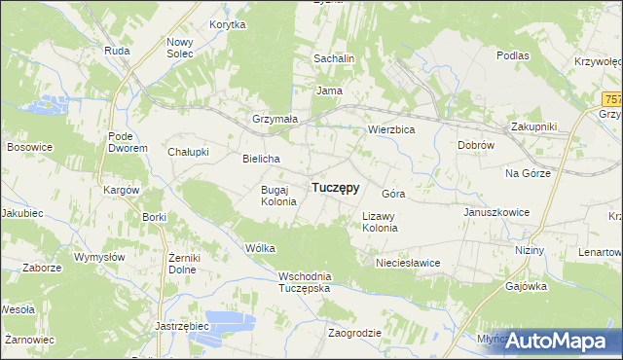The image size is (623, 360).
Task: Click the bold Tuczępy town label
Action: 335,188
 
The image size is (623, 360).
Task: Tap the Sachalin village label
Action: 333,59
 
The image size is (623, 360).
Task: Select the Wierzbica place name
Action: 391,128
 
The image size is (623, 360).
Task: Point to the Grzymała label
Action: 275,120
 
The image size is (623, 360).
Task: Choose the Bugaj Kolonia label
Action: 272,196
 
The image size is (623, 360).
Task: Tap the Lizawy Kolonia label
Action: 380,222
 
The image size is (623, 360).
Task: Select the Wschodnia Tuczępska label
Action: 305,282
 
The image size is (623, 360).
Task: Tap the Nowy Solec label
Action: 181,48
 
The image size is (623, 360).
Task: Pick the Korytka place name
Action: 227,24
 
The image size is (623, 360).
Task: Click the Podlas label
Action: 512,55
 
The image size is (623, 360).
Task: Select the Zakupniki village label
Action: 533,126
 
